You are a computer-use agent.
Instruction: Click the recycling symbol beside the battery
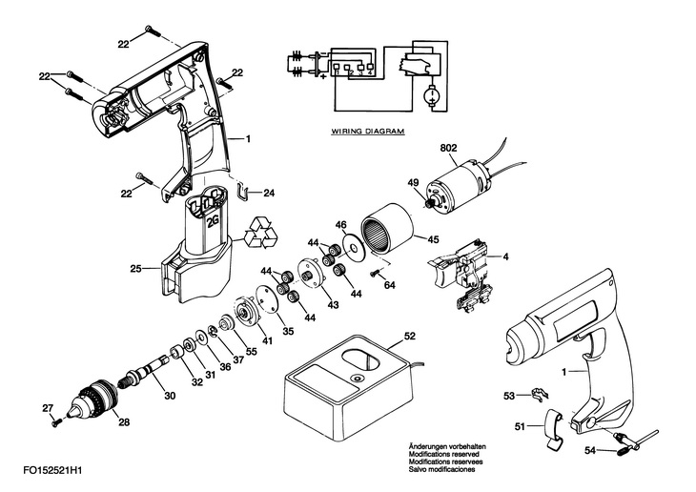(263, 233)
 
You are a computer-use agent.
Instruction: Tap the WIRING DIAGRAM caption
(368, 132)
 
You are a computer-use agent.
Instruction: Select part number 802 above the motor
(448, 148)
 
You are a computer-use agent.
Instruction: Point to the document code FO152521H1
(52, 470)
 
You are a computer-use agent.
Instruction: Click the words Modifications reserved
(443, 454)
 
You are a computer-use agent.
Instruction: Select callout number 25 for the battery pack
(135, 269)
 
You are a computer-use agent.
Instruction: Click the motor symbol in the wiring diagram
(431, 95)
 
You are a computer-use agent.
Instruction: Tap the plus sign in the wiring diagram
(322, 76)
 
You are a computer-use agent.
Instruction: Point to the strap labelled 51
(553, 427)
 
